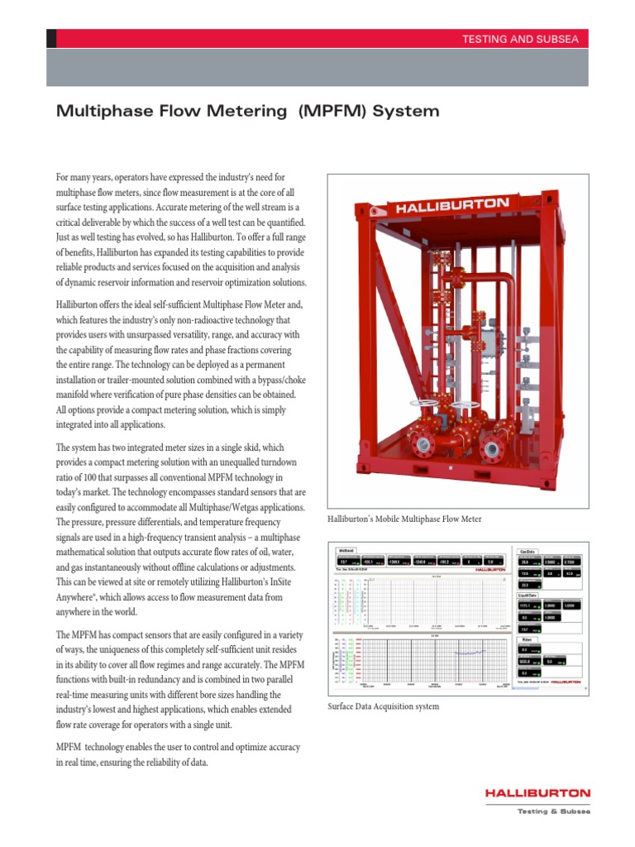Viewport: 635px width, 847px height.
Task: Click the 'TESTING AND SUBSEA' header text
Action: (524, 39)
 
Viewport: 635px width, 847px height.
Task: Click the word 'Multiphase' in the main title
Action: (97, 111)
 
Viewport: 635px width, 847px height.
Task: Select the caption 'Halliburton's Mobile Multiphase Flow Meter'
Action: (404, 519)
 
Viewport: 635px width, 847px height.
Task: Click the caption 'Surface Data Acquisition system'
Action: (383, 706)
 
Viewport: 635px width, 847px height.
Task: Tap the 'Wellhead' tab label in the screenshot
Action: (346, 549)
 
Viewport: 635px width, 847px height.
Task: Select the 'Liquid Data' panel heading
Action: (528, 595)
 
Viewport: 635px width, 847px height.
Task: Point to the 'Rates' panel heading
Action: (526, 639)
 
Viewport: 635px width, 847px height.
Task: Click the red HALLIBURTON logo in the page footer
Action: (537, 793)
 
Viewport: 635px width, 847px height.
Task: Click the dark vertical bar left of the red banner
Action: (51, 39)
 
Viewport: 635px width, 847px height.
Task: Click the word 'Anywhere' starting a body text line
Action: (79, 597)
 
